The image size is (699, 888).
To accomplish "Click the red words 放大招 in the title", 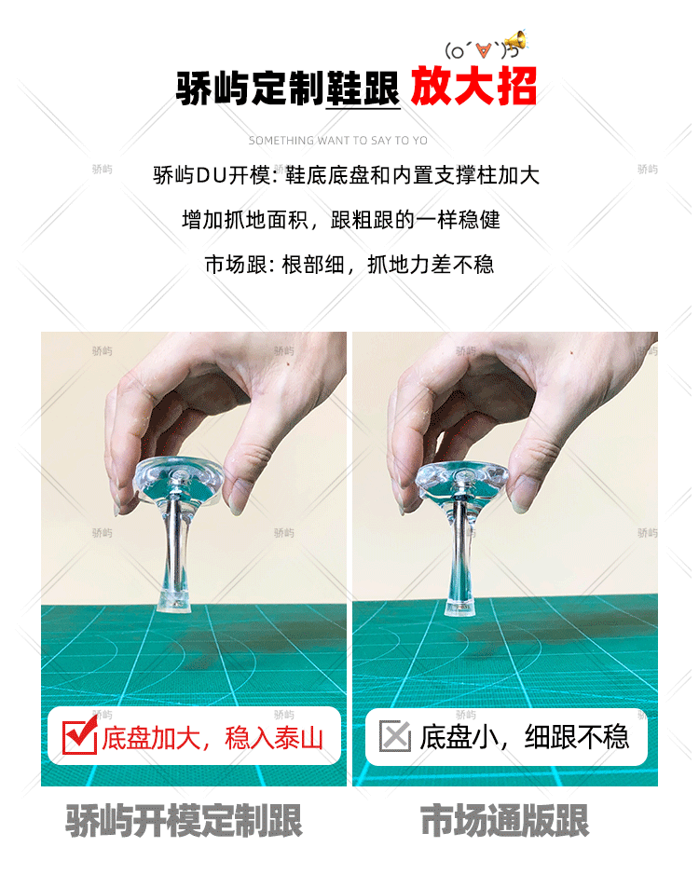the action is [473, 86].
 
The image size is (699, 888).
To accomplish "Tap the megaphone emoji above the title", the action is [516, 41].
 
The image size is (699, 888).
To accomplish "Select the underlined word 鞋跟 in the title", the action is [363, 88].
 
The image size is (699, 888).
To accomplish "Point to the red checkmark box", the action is [79, 736].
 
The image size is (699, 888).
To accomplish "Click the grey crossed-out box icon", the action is [395, 736].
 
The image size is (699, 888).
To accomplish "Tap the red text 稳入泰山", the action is [274, 738].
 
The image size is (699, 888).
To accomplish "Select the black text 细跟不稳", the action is [577, 737].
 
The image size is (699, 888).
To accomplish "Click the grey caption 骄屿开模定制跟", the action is [185, 820].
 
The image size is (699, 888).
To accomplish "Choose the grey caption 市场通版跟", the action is [505, 820].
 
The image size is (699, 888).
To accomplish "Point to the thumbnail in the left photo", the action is [236, 503].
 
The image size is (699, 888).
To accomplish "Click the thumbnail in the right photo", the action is [521, 500].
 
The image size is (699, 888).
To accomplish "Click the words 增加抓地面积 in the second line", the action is [245, 219].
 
